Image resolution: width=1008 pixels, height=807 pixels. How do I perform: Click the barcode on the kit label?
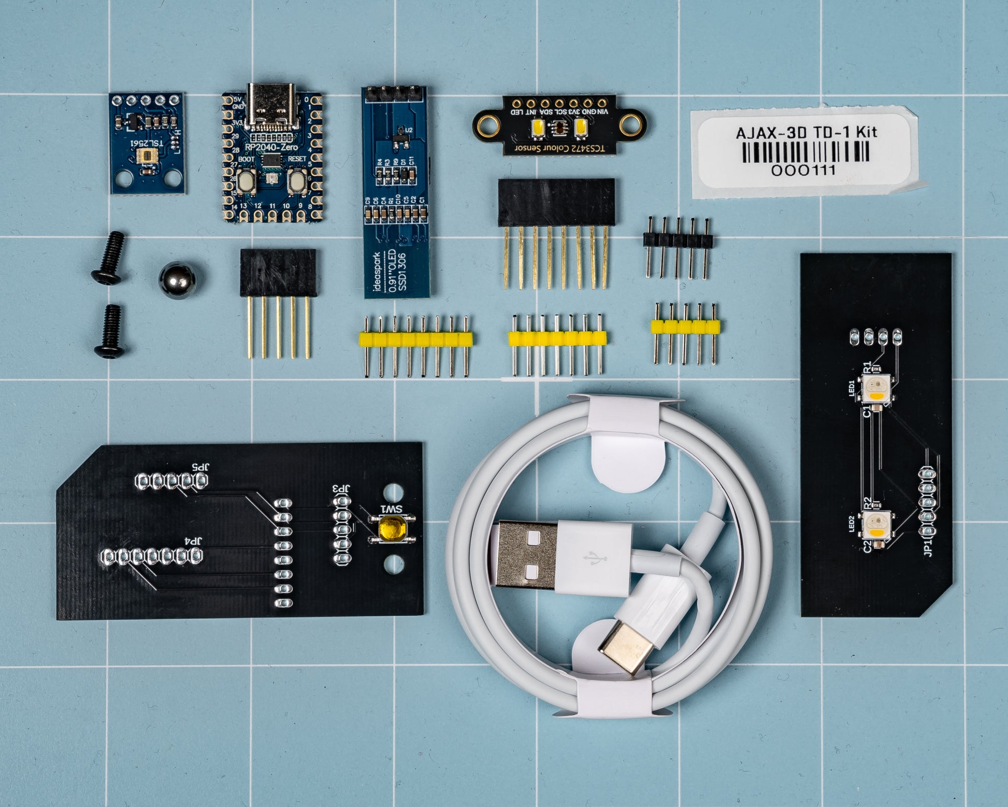coord(805,152)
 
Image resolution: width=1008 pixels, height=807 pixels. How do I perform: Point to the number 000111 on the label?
coord(803,170)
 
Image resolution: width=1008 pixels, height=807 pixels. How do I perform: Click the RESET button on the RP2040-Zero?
coord(297,180)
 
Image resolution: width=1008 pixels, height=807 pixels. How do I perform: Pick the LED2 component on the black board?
coord(875,525)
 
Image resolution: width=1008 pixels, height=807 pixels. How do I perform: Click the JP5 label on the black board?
coord(199,466)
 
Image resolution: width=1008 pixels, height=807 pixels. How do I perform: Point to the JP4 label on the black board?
coord(192,542)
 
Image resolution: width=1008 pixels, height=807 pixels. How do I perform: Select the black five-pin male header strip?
coord(678,240)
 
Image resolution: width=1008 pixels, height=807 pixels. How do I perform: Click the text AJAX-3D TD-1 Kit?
coord(806,133)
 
